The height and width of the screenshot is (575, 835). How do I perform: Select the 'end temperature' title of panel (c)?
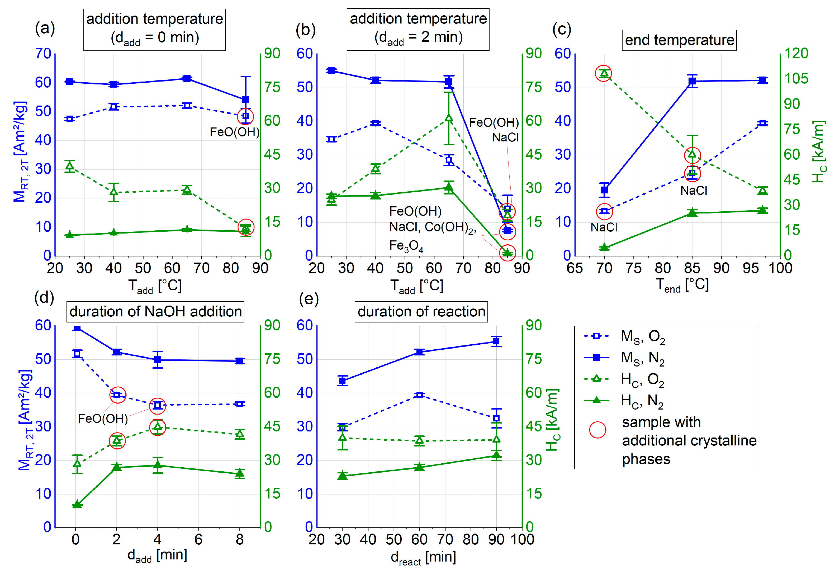coord(679,40)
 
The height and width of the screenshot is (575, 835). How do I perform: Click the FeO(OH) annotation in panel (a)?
coord(235,132)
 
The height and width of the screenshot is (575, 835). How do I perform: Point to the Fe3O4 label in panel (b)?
coord(406,246)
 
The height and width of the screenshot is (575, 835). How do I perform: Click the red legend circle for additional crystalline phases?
coord(597,430)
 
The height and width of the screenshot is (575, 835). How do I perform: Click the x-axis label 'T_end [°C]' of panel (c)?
coord(682,285)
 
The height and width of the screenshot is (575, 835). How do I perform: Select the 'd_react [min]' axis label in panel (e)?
coord(423,557)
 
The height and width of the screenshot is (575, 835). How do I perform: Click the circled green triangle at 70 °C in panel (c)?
coord(604,74)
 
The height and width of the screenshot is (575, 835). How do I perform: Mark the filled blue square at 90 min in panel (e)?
coord(496,341)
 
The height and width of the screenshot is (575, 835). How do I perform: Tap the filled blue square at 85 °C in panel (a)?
coord(246,100)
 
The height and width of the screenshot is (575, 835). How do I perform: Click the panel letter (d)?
coord(44,298)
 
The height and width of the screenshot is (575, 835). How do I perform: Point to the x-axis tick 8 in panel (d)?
coord(240,540)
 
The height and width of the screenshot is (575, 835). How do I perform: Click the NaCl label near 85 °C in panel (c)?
coord(694,190)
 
